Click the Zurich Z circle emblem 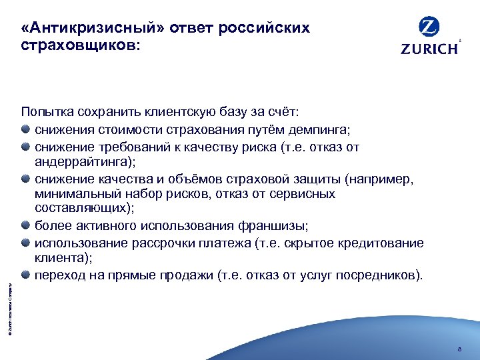(x=429, y=28)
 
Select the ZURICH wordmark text (x=429, y=49)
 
